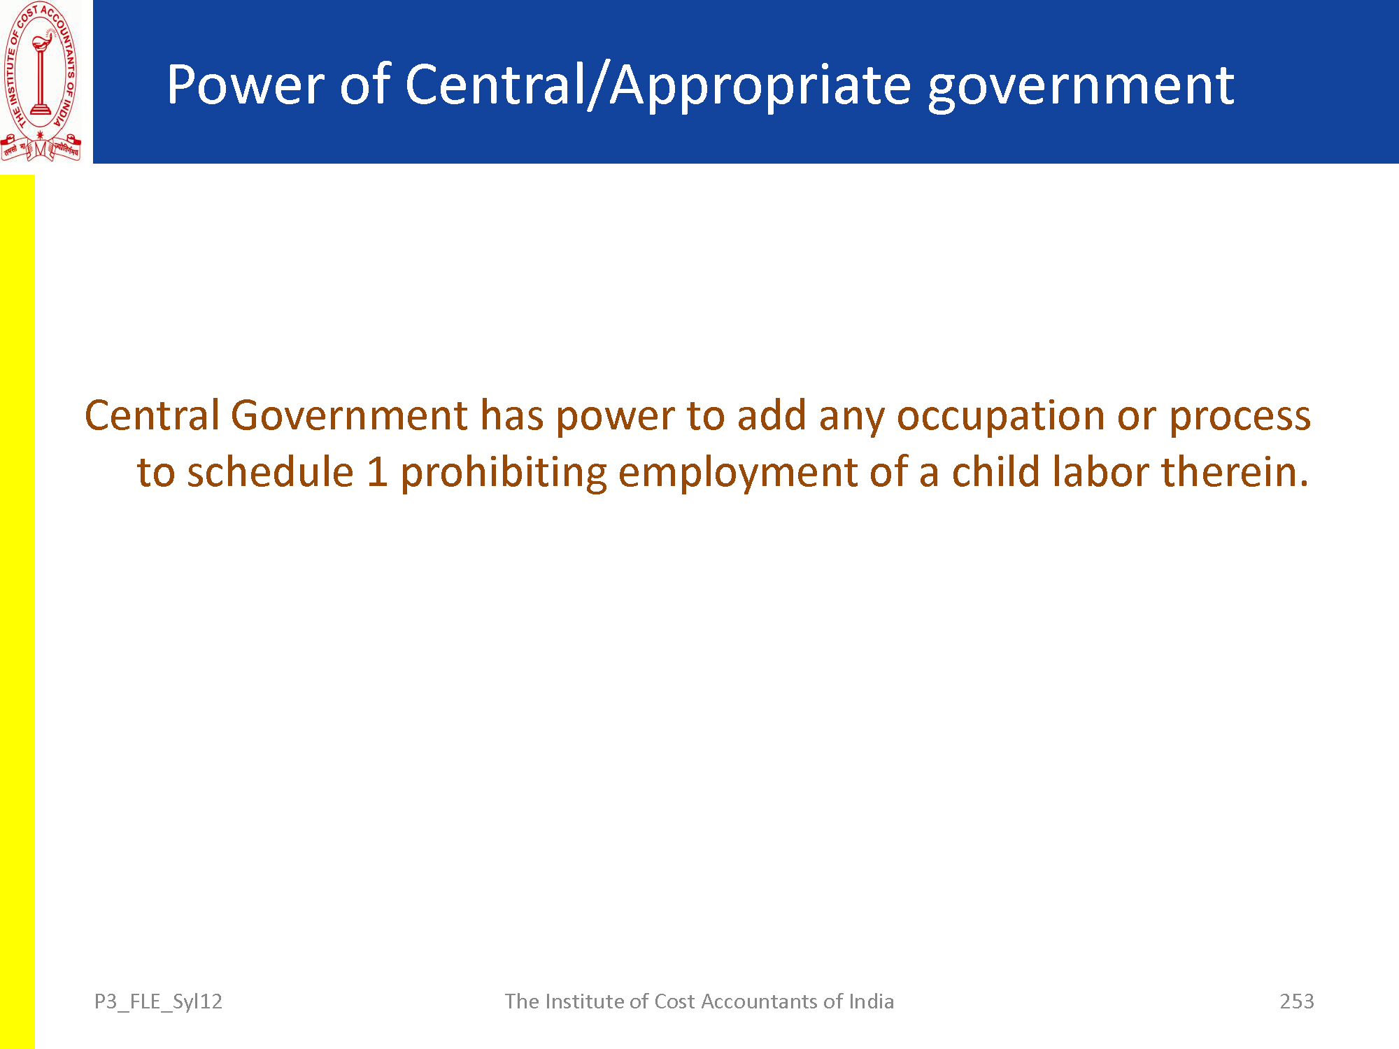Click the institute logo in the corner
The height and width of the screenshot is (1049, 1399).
point(41,82)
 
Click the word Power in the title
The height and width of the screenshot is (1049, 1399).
point(245,85)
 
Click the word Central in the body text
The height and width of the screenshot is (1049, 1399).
point(152,415)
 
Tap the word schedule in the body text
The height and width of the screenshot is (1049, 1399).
point(271,472)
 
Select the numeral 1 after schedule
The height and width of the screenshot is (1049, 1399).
point(378,473)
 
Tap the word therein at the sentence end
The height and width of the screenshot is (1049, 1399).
point(1235,472)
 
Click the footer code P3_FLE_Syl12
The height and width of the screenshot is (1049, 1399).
point(158,1002)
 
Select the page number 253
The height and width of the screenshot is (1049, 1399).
point(1297,1001)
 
